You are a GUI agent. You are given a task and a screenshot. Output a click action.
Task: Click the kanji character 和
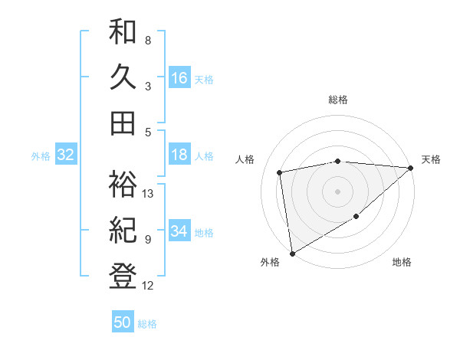[123, 33]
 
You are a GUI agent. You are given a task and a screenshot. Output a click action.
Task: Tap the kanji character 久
[123, 77]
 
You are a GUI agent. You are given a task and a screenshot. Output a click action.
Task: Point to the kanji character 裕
[123, 184]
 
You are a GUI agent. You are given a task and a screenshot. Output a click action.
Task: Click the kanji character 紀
[123, 230]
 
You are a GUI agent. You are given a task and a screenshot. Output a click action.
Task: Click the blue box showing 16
[179, 77]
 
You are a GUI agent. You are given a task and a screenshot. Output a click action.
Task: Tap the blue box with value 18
[179, 155]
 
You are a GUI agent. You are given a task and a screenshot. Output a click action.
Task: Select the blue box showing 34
[179, 231]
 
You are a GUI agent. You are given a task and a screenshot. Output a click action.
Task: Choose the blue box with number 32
[66, 155]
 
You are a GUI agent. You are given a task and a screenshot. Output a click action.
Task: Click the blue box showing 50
[123, 322]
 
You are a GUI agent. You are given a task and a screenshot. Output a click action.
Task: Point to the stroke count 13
[149, 194]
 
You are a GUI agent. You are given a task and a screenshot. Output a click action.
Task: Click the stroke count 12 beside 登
[149, 286]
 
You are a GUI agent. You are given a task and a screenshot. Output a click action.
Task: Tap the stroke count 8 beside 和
[148, 40]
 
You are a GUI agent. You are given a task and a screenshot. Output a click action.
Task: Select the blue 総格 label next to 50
[148, 324]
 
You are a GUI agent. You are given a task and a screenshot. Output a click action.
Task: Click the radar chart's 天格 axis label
[431, 159]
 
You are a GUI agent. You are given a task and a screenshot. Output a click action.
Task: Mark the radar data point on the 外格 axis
[292, 253]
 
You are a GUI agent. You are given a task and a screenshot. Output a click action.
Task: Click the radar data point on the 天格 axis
[411, 169]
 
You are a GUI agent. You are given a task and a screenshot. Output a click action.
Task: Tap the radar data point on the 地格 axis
[356, 218]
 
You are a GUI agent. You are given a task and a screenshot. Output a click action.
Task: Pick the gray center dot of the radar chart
[337, 191]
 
